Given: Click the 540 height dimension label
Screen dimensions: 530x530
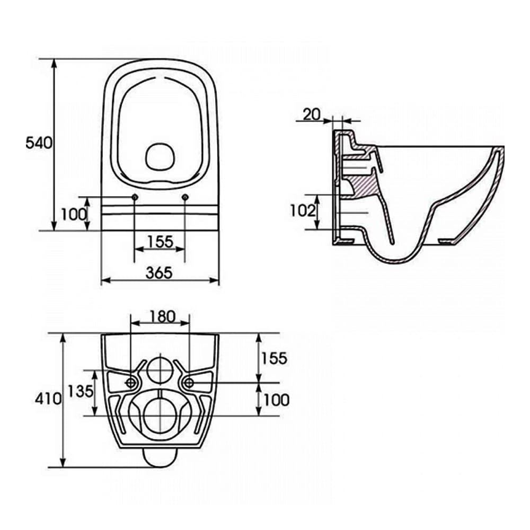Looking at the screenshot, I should point(39,143).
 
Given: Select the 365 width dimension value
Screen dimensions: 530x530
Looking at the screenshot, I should point(160,272).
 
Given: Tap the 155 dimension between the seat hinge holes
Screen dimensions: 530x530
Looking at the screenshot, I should point(160,242).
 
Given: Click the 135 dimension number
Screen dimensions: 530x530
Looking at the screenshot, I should point(81,392).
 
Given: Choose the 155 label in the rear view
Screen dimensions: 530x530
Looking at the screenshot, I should point(273,358).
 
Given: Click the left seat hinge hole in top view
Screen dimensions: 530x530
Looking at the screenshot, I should point(134,198).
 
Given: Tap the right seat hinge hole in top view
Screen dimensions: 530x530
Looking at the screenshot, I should point(185,198).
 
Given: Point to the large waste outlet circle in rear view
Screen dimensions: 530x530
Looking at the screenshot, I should point(160,413).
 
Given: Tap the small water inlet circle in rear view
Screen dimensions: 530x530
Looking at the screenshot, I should point(160,369).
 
